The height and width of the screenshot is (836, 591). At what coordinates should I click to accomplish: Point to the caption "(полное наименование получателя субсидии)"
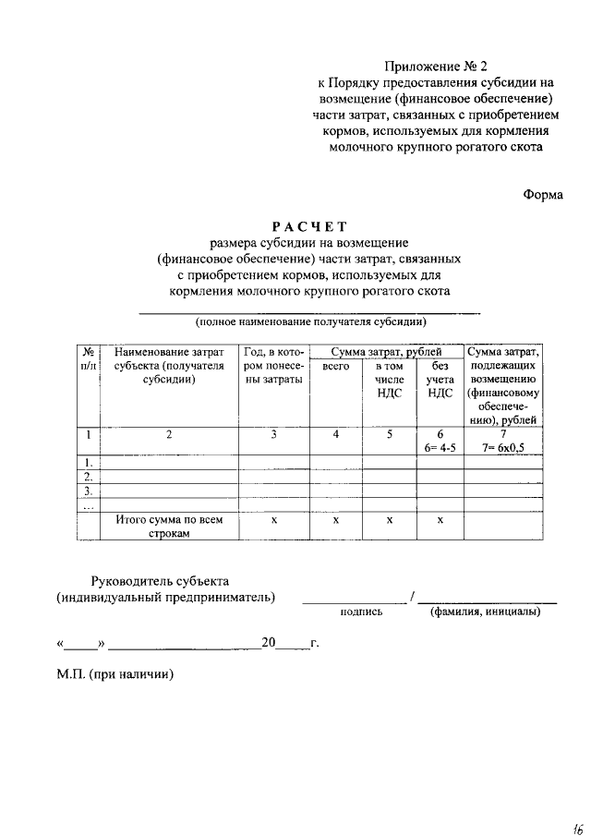[309, 322]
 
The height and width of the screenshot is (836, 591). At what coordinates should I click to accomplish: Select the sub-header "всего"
[335, 367]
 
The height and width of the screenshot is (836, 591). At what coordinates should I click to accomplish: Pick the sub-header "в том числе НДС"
[389, 379]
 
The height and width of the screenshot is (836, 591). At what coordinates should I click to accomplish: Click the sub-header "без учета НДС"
[440, 379]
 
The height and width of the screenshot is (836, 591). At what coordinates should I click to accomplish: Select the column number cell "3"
[273, 434]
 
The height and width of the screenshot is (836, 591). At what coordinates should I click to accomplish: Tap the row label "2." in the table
[87, 477]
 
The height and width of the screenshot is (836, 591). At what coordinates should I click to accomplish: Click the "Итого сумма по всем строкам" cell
[170, 527]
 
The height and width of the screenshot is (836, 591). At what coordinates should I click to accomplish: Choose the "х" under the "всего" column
[335, 520]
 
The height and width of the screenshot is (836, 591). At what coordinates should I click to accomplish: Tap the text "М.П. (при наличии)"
[115, 675]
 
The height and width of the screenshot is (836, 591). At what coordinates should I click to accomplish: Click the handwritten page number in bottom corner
[576, 825]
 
